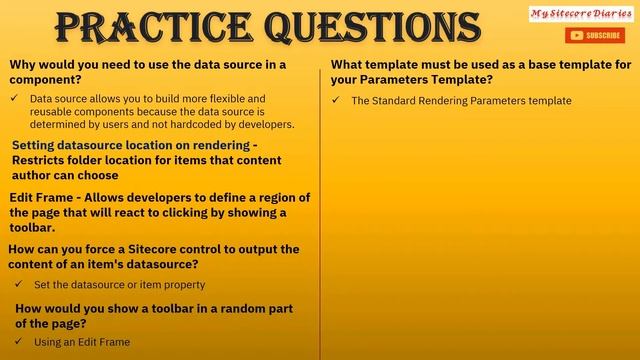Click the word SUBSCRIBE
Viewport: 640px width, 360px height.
(x=603, y=36)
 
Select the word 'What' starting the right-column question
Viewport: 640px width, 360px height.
(x=348, y=65)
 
